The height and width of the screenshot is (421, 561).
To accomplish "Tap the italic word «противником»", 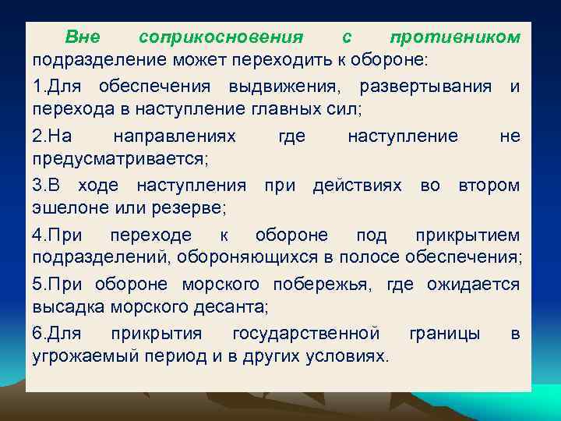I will tap(454, 37).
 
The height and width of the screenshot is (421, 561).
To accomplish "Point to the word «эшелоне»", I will tap(65, 208).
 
